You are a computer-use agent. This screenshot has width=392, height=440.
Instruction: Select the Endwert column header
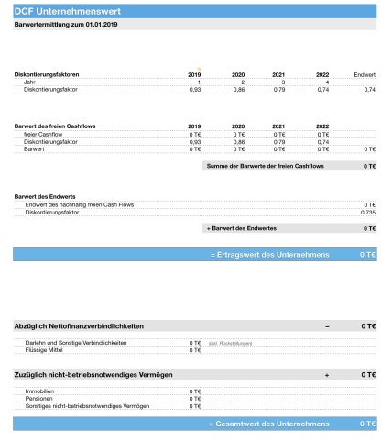pos(364,74)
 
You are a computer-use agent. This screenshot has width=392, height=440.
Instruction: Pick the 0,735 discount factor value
pos(367,212)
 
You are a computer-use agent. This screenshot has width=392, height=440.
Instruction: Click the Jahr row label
pos(31,82)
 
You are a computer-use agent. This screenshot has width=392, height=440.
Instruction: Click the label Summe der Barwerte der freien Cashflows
pos(266,166)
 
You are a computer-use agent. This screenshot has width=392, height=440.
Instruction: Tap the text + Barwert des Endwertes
pos(246,227)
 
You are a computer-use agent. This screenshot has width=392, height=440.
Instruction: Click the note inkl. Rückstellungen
pos(230,342)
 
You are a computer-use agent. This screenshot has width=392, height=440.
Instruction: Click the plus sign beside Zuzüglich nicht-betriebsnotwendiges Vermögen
pos(326,375)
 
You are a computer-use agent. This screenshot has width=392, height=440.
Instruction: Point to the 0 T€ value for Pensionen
pos(194,398)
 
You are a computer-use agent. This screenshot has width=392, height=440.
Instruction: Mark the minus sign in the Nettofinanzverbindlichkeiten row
pos(326,325)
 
